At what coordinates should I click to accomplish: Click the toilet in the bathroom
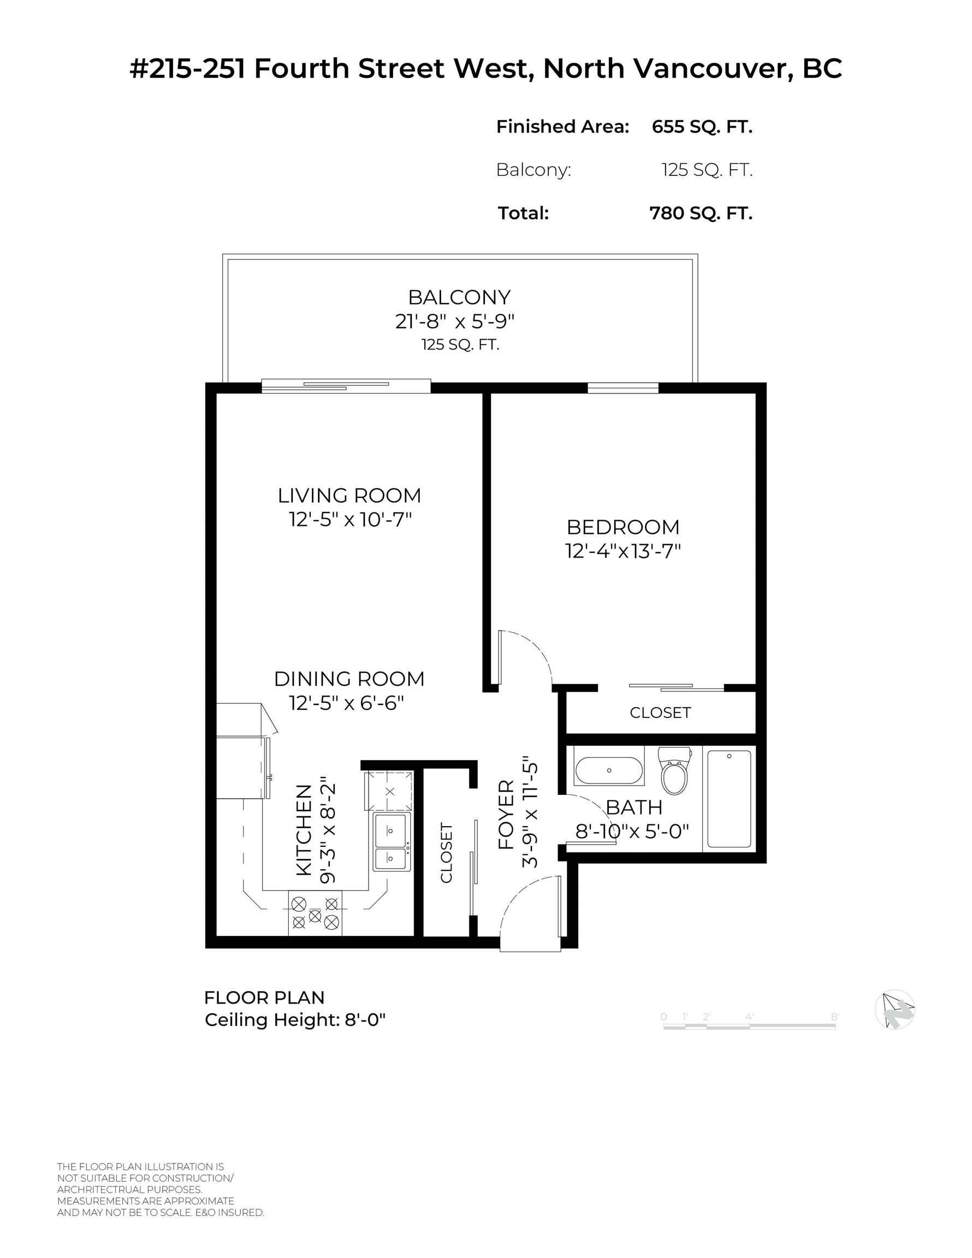[674, 773]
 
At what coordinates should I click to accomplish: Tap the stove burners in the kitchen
[315, 915]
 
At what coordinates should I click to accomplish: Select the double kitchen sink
[392, 841]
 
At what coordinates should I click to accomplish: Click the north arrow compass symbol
[894, 1009]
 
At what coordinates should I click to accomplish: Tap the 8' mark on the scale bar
[834, 1017]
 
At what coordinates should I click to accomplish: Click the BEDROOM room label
[623, 527]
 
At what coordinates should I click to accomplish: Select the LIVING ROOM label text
[349, 495]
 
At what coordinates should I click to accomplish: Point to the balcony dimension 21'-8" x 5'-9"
[454, 321]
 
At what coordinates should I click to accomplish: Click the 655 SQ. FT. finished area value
[702, 127]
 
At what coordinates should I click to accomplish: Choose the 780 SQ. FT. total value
[701, 213]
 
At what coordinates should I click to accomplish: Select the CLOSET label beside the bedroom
[660, 713]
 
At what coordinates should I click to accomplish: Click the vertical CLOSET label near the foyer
[447, 853]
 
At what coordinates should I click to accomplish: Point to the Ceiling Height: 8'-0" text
[295, 1019]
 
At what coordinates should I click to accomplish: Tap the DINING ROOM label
[349, 679]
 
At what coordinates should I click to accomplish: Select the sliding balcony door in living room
[346, 386]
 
